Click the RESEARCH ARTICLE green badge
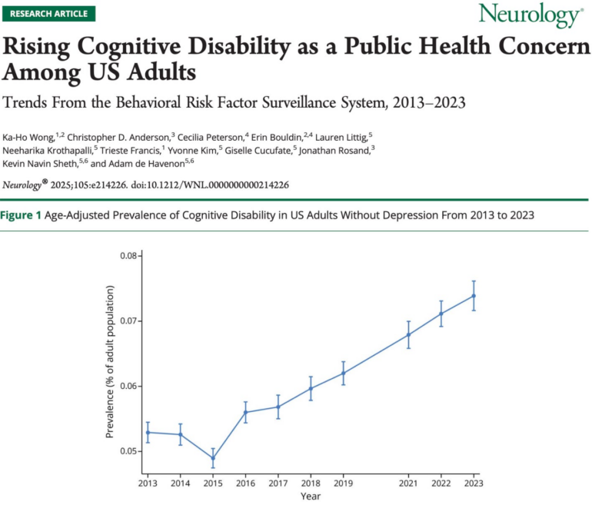click(48, 13)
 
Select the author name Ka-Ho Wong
click(31, 135)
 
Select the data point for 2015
click(212, 458)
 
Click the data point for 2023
click(474, 296)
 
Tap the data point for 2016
click(245, 412)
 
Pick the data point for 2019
click(343, 373)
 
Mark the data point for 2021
click(408, 334)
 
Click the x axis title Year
click(311, 496)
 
